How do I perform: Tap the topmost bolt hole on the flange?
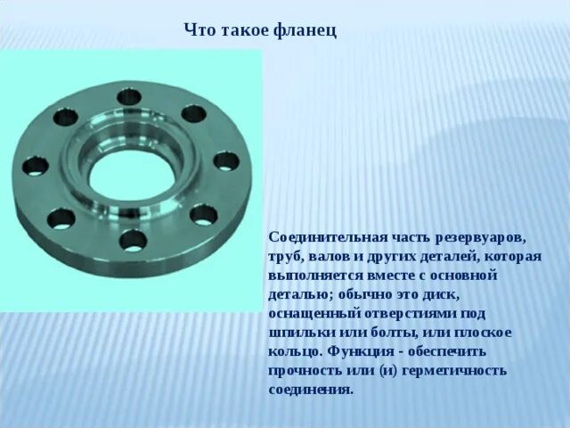tap(129, 95)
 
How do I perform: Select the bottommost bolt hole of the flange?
tap(133, 239)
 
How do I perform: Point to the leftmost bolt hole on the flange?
tap(35, 166)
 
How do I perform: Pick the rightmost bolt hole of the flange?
tap(226, 160)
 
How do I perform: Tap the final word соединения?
tap(311, 390)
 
